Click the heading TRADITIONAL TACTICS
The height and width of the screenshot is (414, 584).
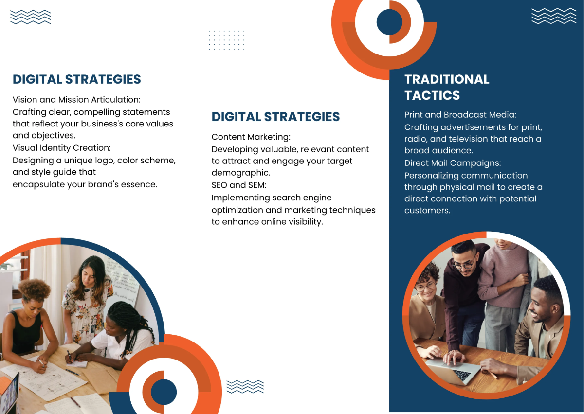coord(447,87)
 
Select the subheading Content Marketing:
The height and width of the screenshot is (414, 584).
coord(251,137)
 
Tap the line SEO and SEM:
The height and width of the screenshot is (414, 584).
coord(239,185)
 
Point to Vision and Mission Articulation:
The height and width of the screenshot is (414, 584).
coord(76,100)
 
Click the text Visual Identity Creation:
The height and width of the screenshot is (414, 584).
coord(62,148)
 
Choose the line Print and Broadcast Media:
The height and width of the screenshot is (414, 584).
coord(460,115)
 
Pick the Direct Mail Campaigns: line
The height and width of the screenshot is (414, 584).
coord(453,163)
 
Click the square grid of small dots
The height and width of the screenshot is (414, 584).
coord(227,39)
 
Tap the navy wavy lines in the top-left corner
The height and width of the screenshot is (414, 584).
coord(30,17)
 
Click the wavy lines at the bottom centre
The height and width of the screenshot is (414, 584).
coord(245,386)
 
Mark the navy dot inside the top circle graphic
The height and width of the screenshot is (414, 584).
coord(389,22)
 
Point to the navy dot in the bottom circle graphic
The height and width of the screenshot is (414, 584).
coord(164,392)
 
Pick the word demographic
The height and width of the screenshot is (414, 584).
coord(240,173)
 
